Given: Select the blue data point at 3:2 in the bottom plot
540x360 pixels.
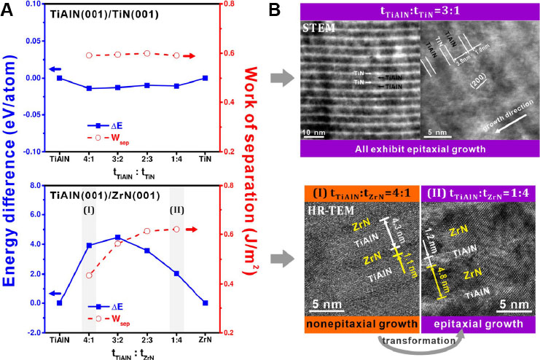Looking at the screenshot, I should click(x=118, y=238).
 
